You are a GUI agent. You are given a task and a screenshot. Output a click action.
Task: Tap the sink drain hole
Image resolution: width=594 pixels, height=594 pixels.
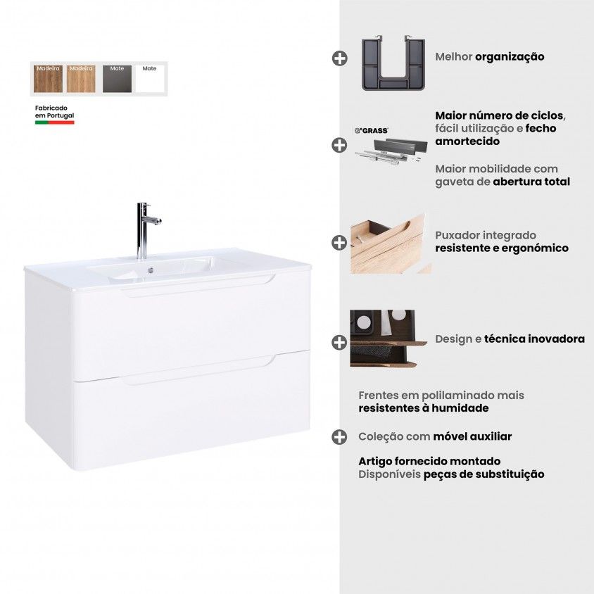coord(151,270)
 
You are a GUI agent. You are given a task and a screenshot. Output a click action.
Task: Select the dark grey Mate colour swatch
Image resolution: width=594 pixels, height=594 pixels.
coord(117,78)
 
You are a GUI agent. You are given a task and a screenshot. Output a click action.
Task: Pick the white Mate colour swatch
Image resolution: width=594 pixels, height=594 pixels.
coord(150,78)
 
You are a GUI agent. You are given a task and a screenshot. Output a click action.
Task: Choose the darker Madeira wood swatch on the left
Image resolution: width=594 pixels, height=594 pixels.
coord(48,78)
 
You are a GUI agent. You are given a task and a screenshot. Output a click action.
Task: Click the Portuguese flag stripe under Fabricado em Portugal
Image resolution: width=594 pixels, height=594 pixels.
coord(55,122)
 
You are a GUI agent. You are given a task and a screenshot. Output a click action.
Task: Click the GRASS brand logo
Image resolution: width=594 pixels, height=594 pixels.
coord(372,131)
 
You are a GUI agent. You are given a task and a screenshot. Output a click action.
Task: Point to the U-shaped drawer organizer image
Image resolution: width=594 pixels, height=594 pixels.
coord(393,63)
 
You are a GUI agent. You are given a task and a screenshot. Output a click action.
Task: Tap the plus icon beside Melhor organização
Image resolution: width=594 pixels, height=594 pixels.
coord(339,58)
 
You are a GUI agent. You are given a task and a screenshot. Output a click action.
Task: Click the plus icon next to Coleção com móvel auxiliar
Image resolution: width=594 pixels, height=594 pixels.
coord(339,437)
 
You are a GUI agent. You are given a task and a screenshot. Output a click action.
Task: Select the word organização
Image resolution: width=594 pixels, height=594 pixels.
coord(510,57)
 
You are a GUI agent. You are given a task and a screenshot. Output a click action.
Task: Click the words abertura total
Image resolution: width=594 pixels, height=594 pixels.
coord(531,182)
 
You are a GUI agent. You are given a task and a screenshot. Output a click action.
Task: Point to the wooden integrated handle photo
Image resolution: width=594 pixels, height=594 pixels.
coord(390,244)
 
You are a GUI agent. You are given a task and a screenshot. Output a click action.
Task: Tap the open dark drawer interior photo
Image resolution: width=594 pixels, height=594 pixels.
coord(388,339)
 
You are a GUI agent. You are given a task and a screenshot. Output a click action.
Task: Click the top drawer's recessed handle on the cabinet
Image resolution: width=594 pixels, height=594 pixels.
coord(199,286)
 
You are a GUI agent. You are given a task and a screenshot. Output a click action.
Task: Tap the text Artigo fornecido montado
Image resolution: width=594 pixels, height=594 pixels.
coord(429,462)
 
